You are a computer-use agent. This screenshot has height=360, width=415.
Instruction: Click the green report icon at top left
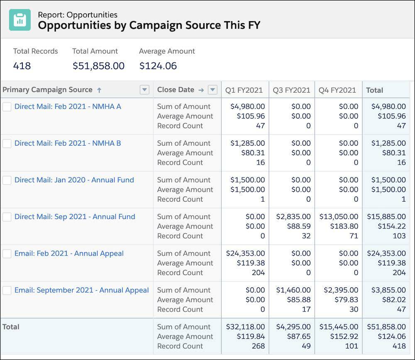20,20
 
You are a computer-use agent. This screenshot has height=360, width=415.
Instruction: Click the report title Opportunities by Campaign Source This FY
149,25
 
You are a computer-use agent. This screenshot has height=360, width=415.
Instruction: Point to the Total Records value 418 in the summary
22,66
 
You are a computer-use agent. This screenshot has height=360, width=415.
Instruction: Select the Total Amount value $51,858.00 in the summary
98,66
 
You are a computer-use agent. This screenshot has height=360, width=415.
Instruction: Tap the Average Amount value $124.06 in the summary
158,66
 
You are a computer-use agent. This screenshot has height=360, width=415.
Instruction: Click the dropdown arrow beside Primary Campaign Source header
144,90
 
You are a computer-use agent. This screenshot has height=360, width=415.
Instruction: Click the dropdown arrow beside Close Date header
212,90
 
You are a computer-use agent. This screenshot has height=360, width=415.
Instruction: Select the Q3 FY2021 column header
291,90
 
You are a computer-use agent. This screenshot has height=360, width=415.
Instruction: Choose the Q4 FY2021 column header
337,90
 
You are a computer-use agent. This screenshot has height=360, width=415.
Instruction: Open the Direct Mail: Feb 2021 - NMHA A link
68,107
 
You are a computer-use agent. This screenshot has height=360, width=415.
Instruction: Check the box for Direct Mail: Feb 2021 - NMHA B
7,144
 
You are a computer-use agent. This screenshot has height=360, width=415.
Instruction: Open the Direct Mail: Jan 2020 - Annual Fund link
74,180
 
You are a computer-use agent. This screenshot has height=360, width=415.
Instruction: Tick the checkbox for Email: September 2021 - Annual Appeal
7,290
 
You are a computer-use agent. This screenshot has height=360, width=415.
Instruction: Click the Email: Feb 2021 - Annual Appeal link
69,253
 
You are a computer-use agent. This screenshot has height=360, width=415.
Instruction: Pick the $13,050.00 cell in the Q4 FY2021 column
339,216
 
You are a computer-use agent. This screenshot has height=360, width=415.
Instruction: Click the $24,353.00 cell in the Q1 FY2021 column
245,253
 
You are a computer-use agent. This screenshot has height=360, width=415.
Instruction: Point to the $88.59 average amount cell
299,226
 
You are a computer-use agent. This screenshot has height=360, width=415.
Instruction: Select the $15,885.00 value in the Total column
386,216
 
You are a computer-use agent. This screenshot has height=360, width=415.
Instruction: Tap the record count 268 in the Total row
258,346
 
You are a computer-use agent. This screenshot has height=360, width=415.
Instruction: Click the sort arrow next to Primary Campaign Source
99,90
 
